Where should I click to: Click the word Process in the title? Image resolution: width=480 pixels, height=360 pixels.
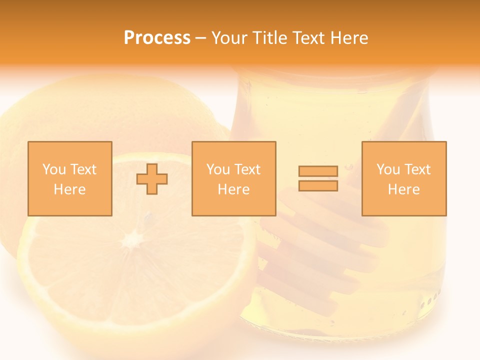coord(157,38)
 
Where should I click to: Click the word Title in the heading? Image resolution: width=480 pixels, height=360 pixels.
coord(270,38)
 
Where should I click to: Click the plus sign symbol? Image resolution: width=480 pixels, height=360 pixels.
coord(152,179)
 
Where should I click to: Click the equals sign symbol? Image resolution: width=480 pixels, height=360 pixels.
coord(318,178)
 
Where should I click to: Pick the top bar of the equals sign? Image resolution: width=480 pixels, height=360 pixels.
coord(318,171)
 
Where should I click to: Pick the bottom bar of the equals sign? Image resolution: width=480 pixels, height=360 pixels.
coord(318,185)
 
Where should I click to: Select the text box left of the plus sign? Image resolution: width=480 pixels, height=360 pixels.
coord(70,178)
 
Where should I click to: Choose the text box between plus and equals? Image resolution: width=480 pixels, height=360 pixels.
coord(233,178)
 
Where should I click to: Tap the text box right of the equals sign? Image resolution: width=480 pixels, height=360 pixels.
coord(404,178)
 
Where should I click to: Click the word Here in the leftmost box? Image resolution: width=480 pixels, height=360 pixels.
coord(69,189)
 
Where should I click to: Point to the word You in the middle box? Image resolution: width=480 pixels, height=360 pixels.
coord(218,169)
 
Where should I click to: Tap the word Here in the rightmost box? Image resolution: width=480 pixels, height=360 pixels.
coord(403,189)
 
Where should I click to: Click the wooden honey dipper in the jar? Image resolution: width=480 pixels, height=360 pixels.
coord(320,250)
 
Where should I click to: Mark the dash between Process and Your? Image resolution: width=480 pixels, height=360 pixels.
coord(200,38)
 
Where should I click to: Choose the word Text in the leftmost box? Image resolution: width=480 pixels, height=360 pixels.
coord(83,169)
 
